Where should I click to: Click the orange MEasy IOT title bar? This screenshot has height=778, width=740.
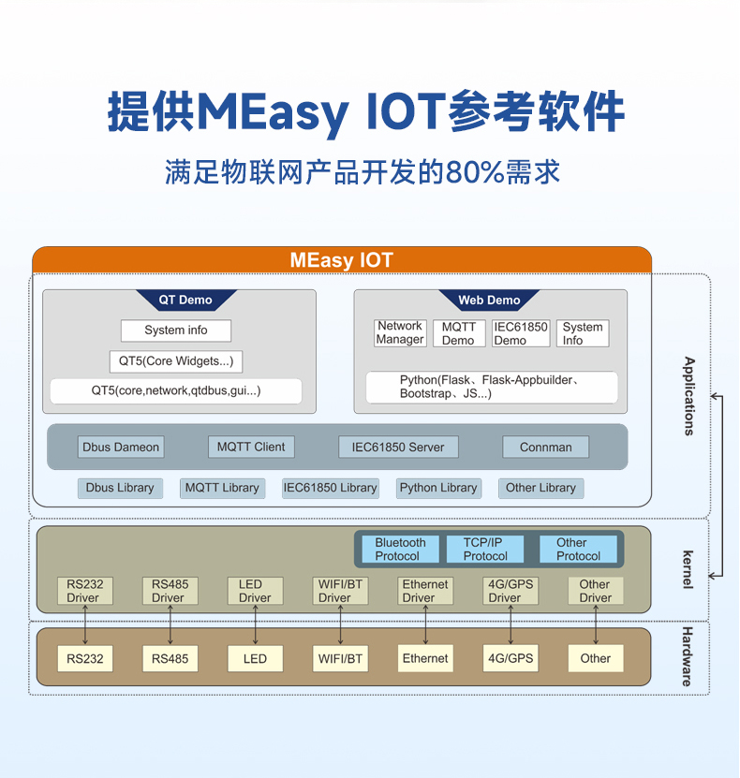tap(342, 260)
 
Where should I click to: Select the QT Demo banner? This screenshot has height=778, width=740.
tap(185, 301)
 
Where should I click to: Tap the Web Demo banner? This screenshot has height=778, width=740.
tap(489, 301)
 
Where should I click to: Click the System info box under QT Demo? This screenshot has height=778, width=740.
tap(176, 330)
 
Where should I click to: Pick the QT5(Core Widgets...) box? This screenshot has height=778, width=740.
tap(175, 360)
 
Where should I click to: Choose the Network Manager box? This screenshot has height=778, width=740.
tap(400, 333)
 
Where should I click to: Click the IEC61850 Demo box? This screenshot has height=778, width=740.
tap(521, 333)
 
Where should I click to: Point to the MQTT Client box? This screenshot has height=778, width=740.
tap(251, 447)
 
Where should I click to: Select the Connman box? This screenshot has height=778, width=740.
tap(545, 447)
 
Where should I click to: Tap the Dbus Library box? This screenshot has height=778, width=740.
tap(120, 488)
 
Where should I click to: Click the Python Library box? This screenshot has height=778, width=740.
tap(438, 488)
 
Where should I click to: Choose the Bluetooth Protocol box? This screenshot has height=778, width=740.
tap(400, 550)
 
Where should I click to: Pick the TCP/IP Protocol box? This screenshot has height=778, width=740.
tap(484, 550)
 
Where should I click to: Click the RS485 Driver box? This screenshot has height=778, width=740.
tap(170, 591)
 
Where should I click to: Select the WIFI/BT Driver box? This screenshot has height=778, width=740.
tap(340, 591)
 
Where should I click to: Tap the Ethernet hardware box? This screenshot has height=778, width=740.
tap(425, 658)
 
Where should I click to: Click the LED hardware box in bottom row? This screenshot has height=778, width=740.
tap(255, 658)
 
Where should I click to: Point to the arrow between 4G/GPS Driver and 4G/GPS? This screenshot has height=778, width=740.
tap(511, 624)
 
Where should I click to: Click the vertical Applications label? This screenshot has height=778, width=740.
tap(689, 396)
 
